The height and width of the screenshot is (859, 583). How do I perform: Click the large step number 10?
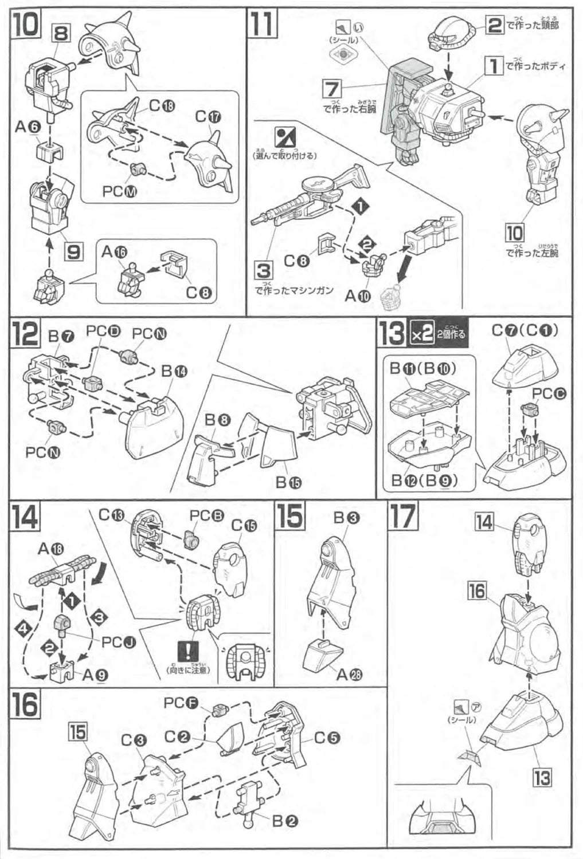(x=25, y=25)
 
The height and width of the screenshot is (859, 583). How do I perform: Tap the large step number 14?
(x=25, y=517)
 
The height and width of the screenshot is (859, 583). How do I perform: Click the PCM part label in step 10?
(x=120, y=191)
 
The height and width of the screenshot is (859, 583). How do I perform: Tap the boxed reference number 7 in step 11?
(x=332, y=89)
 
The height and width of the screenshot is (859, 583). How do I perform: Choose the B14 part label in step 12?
(x=174, y=371)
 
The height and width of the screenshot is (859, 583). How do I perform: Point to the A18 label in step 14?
(x=51, y=549)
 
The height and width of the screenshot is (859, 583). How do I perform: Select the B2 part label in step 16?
(x=284, y=821)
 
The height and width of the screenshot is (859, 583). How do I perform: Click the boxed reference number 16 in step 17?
(x=477, y=590)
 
